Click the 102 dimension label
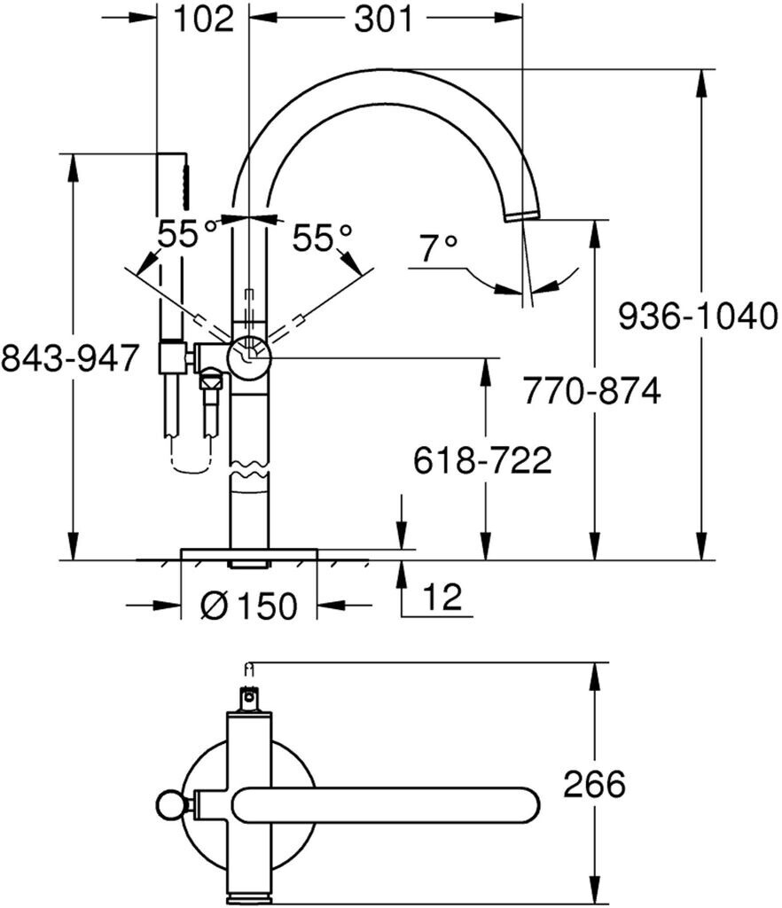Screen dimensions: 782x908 (203, 20)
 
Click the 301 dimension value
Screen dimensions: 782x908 (383, 20)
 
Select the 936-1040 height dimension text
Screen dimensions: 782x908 (697, 316)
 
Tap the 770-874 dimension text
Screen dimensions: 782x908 (591, 391)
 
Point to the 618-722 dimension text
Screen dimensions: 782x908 (483, 460)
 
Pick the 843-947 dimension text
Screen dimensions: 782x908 (70, 358)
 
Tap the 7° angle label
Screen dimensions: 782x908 (437, 249)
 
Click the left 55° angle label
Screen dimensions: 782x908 (187, 235)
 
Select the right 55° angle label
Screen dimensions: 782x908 (322, 237)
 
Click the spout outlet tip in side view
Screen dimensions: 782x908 (521, 215)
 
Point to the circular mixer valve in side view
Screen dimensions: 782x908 (250, 356)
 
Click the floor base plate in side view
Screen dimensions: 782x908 (248, 554)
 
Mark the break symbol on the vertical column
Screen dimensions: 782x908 (249, 470)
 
